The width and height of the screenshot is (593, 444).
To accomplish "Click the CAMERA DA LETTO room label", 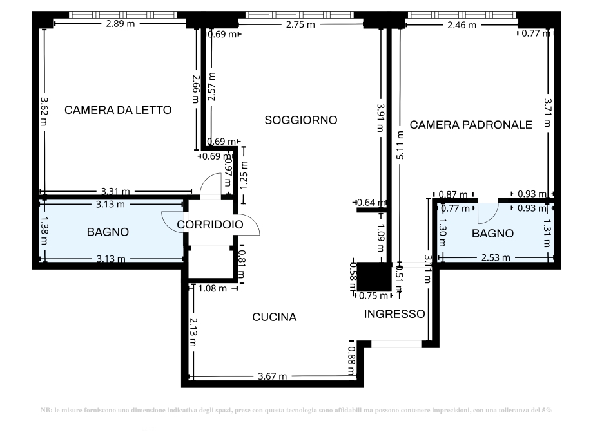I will tap(118, 110).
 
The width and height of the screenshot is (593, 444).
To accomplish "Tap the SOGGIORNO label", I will tap(301, 120).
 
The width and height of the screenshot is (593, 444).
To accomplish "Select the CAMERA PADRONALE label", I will tap(471, 125).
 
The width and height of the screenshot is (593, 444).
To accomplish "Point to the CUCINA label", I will tap(274, 317).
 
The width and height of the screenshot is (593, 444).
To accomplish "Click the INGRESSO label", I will tap(394, 314).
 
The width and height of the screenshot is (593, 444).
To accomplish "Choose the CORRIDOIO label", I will tap(209, 225).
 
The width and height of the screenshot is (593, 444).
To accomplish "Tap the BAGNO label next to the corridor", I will tap(108, 232).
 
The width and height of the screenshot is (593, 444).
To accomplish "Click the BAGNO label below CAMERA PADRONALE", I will tap(492, 234).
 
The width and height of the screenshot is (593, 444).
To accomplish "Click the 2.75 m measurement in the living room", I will tap(300, 25).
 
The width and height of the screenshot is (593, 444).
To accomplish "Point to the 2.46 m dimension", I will tap(462, 25).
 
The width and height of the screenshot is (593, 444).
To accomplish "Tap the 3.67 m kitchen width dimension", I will tap(273, 376).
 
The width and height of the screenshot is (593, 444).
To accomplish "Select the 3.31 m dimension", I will tap(116, 191).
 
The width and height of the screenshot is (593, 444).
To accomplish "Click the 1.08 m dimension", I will tap(212, 288).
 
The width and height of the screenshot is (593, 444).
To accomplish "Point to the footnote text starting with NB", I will tap(296, 410).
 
